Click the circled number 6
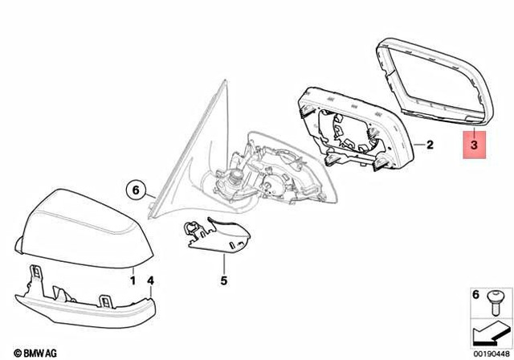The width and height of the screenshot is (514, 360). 137,190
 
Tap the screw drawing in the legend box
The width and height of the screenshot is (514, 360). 495,299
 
